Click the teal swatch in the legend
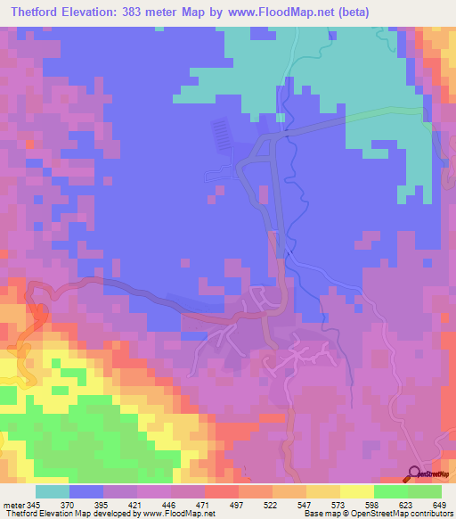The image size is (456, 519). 53,491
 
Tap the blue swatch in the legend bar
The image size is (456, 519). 86,491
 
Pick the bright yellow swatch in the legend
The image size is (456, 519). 357,491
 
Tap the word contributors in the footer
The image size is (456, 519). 430,515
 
